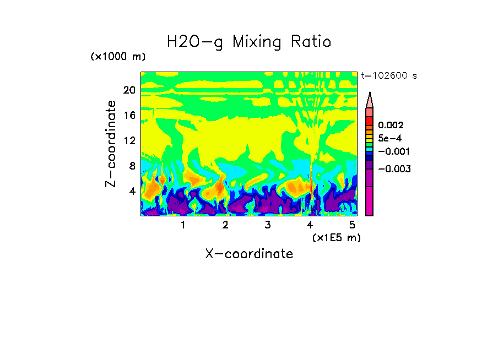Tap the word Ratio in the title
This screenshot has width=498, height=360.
pyautogui.click(x=312, y=42)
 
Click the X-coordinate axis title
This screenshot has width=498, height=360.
pyautogui.click(x=249, y=254)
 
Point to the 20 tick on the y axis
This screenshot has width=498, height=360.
pyautogui.click(x=129, y=90)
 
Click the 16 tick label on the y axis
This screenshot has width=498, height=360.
pyautogui.click(x=129, y=116)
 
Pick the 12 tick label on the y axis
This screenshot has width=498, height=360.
pyautogui.click(x=129, y=140)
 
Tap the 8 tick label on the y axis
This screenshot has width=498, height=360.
pyautogui.click(x=132, y=166)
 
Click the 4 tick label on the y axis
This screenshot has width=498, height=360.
pyautogui.click(x=132, y=191)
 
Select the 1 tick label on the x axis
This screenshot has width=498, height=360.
pyautogui.click(x=183, y=225)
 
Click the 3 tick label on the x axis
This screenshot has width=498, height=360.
pyautogui.click(x=268, y=225)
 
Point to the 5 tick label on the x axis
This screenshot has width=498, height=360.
pyautogui.click(x=352, y=225)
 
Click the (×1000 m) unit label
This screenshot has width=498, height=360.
pyautogui.click(x=118, y=57)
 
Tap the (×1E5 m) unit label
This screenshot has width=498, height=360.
pyautogui.click(x=336, y=237)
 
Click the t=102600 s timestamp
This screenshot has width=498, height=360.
pyautogui.click(x=388, y=75)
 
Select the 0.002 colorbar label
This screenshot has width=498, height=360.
pyautogui.click(x=391, y=126)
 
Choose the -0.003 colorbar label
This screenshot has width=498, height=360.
pyautogui.click(x=393, y=169)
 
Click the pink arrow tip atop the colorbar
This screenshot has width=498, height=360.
pyautogui.click(x=370, y=100)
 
